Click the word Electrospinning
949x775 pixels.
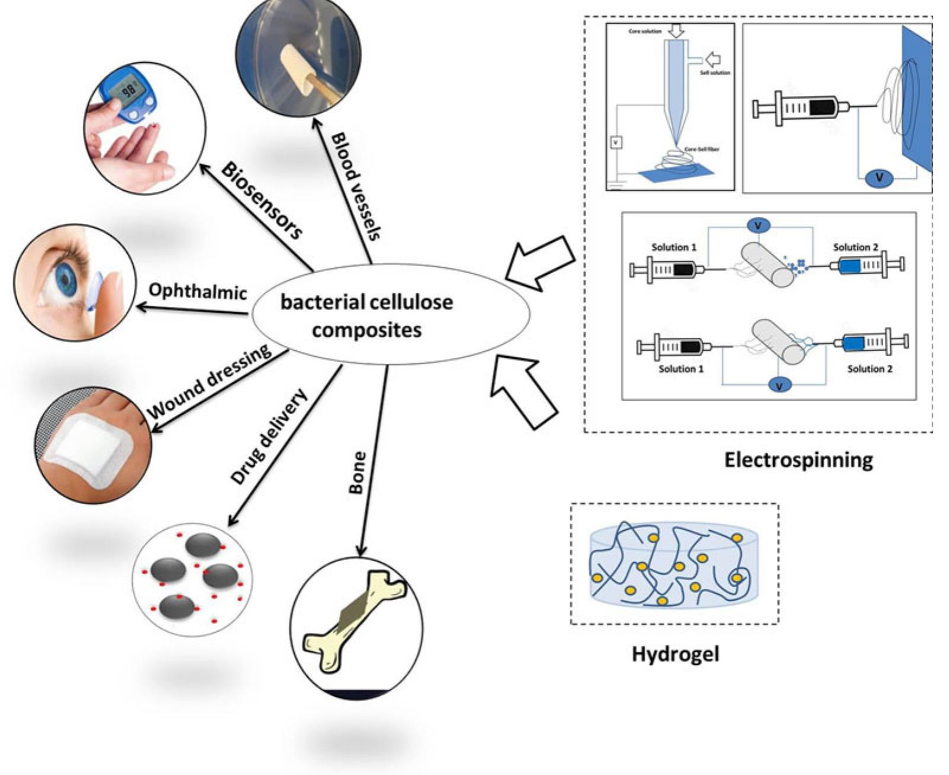[798, 460]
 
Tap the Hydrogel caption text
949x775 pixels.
[675, 654]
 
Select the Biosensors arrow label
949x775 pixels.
[261, 200]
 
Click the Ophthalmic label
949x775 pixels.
[197, 291]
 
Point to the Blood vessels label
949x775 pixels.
[355, 185]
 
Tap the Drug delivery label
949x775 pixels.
[269, 437]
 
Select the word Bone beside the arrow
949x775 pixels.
[357, 472]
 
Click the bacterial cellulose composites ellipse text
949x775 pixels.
[366, 315]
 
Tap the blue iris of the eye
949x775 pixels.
[65, 277]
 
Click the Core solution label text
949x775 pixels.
[645, 31]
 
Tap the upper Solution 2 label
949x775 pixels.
[855, 247]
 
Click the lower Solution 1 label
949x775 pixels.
[681, 369]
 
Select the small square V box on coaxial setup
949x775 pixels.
[616, 142]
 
